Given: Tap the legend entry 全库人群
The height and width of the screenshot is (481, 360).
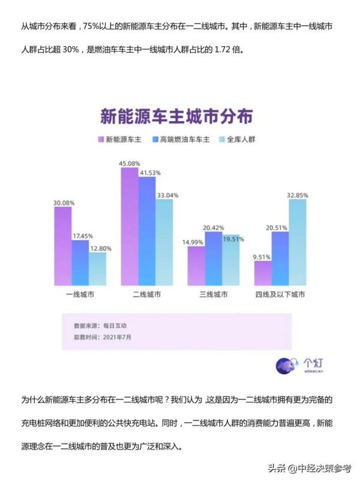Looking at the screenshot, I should [x=240, y=139].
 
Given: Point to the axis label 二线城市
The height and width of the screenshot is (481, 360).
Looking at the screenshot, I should [x=147, y=294].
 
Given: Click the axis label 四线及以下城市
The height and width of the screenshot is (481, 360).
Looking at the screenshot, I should [x=280, y=294].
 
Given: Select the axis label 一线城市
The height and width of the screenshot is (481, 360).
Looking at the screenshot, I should [x=80, y=294].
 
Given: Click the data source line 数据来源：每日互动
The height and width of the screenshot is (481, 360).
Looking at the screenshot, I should [x=100, y=326].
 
